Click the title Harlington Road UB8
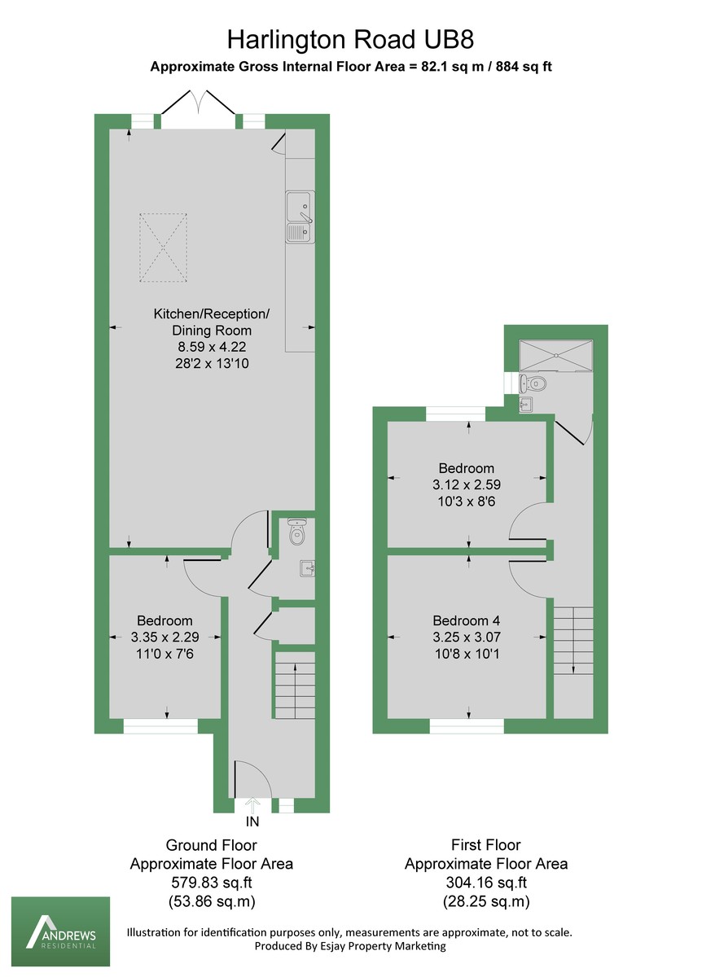[350, 38]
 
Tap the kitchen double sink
[299, 217]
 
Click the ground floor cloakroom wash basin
[306, 567]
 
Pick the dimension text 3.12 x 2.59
[466, 484]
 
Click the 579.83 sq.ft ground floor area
[211, 883]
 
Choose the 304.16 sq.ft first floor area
[486, 883]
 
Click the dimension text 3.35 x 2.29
[166, 637]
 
